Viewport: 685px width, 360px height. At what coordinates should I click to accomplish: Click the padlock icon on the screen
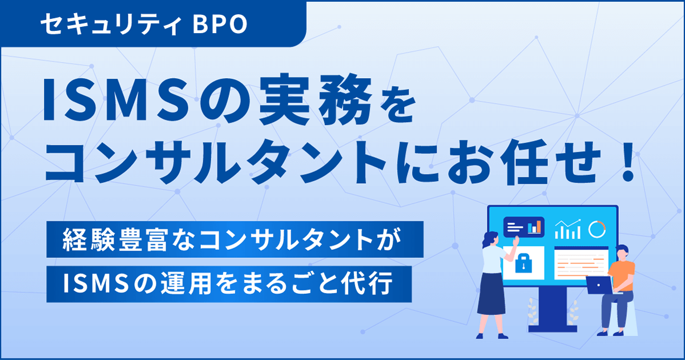tap(524, 263)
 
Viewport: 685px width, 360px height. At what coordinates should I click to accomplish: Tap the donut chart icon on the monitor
tap(597, 229)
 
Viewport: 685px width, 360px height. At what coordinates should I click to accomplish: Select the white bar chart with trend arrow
tap(567, 229)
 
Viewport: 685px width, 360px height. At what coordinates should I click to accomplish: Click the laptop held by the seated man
tap(599, 284)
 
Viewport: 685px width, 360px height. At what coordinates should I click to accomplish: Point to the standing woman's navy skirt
tap(491, 294)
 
